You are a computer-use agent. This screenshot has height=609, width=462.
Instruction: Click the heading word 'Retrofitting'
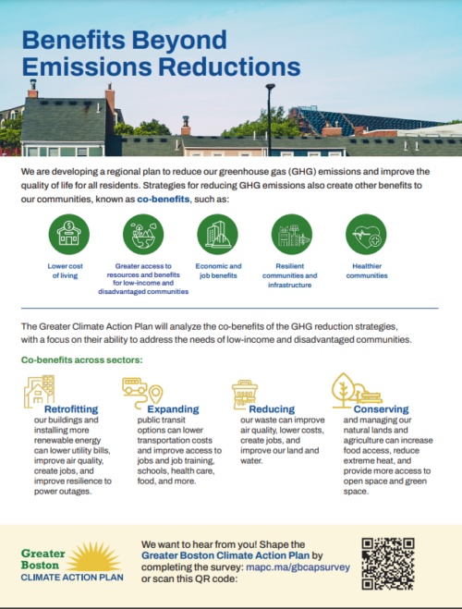tap(74, 408)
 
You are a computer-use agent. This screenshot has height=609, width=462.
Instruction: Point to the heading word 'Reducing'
tap(272, 408)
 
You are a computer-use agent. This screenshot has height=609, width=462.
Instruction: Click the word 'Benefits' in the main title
tap(79, 41)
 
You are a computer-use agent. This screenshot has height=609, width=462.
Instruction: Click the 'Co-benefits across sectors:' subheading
tap(82, 359)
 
